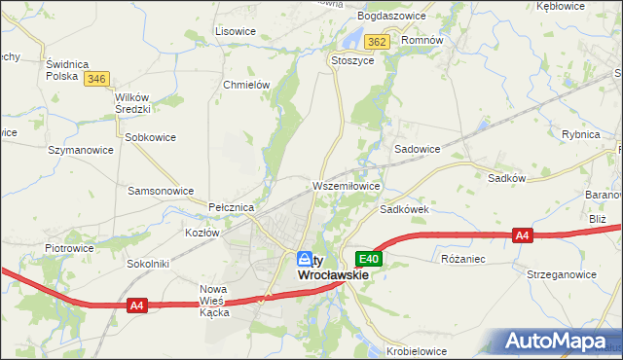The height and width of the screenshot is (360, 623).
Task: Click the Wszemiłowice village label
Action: point(346,185)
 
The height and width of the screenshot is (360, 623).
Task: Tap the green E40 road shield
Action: point(369,259)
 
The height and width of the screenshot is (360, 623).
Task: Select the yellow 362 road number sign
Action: point(378,42)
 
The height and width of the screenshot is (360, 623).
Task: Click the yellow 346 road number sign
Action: point(95,79)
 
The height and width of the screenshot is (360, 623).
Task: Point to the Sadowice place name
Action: point(417,150)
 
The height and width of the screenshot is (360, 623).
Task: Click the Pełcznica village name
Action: point(232,208)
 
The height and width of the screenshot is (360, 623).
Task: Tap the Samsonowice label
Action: point(161,191)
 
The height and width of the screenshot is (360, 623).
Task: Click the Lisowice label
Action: point(236,31)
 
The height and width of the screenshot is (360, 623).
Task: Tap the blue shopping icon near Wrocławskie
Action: point(305,259)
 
